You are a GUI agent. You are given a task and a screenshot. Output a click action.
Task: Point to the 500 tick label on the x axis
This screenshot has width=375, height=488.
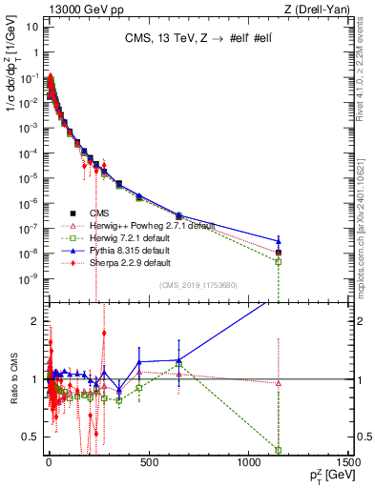point(148,463)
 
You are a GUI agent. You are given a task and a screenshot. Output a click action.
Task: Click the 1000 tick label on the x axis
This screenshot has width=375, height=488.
point(248,463)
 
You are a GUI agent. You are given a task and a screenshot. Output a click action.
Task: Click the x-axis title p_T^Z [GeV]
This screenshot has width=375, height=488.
point(325,477)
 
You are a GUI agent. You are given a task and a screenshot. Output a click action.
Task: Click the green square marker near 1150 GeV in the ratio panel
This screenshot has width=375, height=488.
point(278,450)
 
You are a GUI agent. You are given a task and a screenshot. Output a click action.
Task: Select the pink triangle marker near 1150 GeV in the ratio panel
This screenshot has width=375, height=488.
point(278,383)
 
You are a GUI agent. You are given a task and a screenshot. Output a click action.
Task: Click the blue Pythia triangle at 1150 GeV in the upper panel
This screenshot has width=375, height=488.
point(278,242)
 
